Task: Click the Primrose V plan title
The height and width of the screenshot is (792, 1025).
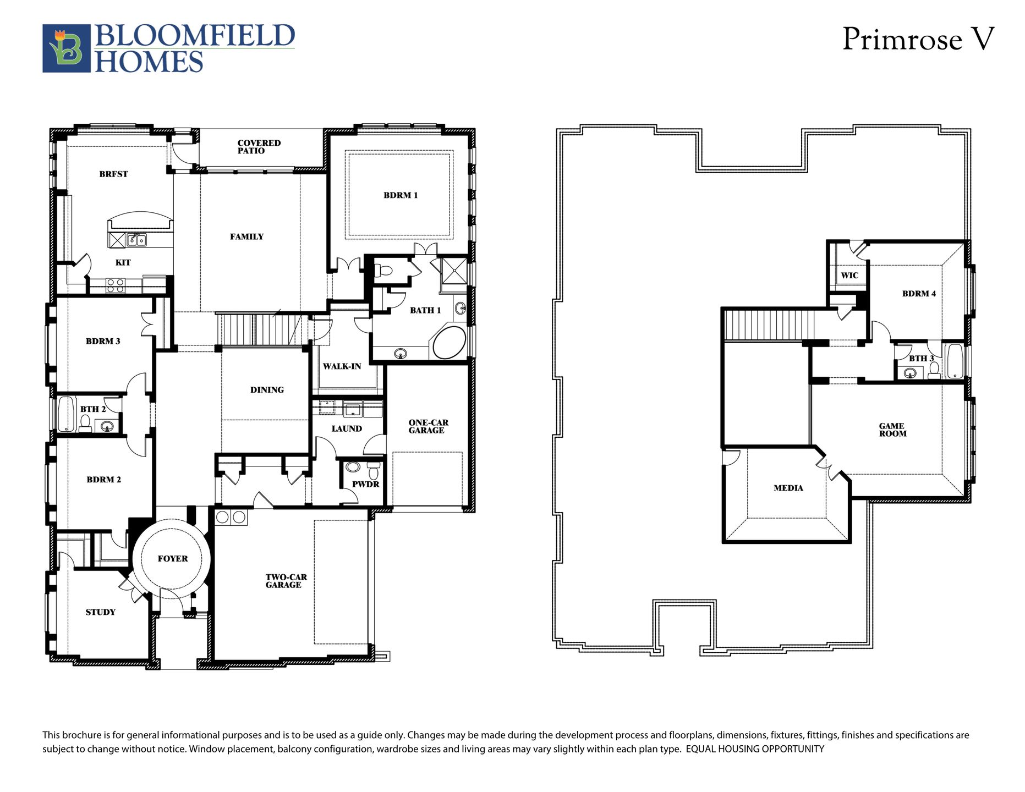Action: pos(918,40)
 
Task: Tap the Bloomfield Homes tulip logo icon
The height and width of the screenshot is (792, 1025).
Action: pos(67,48)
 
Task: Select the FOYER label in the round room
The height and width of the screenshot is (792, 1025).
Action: pos(173,559)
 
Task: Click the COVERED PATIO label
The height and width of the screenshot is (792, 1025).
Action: pos(259,147)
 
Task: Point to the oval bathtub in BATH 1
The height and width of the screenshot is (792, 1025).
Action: pos(450,343)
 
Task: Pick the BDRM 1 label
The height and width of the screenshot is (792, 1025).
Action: pos(401,195)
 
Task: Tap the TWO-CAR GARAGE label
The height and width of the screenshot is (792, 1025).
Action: pos(286,581)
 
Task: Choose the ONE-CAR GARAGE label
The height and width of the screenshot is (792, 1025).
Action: pos(428,426)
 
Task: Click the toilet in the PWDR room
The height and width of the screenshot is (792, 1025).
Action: pos(374,471)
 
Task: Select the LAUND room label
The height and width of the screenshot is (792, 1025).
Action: pos(347,428)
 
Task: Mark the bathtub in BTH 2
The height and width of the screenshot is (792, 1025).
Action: pos(66,414)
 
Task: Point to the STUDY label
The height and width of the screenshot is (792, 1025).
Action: pos(100,612)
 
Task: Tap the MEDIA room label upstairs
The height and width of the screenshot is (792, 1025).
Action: pos(788,488)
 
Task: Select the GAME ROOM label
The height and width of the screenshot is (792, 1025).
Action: pos(892,430)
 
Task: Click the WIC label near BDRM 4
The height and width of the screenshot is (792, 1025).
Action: pos(849,276)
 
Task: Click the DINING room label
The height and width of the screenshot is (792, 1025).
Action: pos(267,390)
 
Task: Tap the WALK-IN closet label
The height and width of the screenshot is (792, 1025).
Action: pos(342,366)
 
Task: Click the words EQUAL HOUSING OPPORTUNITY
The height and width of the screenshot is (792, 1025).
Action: pos(755,749)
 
